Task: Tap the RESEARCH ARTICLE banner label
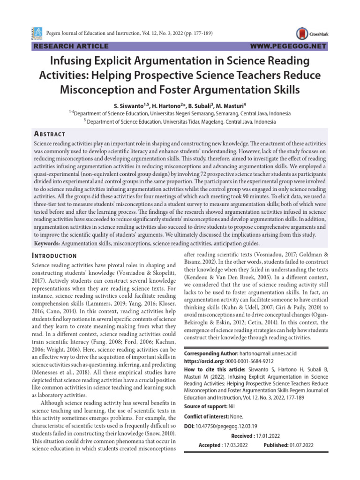pyautogui.click(x=70, y=46)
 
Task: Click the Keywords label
pyautogui.click(x=47, y=244)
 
